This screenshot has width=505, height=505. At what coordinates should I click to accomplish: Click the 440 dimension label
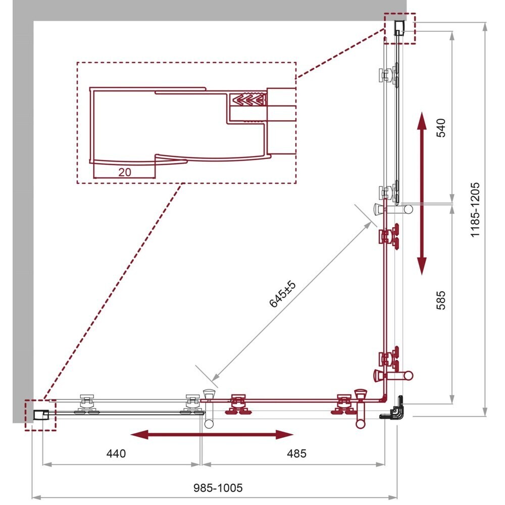tap(116, 453)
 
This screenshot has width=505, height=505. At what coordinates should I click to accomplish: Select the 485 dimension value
tap(296, 453)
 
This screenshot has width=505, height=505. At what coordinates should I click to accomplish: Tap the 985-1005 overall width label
tap(218, 488)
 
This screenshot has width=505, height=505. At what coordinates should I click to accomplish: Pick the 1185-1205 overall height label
tap(475, 210)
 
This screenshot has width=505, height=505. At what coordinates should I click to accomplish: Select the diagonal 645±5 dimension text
tap(282, 294)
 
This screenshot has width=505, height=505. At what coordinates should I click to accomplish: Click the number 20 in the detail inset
tap(125, 172)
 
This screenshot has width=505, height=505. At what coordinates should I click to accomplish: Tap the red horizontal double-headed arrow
tap(212, 435)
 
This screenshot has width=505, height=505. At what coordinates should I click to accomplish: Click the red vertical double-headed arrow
tap(422, 193)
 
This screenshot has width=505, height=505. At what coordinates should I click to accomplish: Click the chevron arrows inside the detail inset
tap(247, 99)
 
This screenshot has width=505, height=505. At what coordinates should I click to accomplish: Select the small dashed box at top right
tap(399, 29)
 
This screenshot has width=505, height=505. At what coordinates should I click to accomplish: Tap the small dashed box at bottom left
tap(40, 415)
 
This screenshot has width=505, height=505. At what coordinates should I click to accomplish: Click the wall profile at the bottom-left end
tap(41, 415)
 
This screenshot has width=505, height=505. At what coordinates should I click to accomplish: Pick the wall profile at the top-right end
tap(399, 28)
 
